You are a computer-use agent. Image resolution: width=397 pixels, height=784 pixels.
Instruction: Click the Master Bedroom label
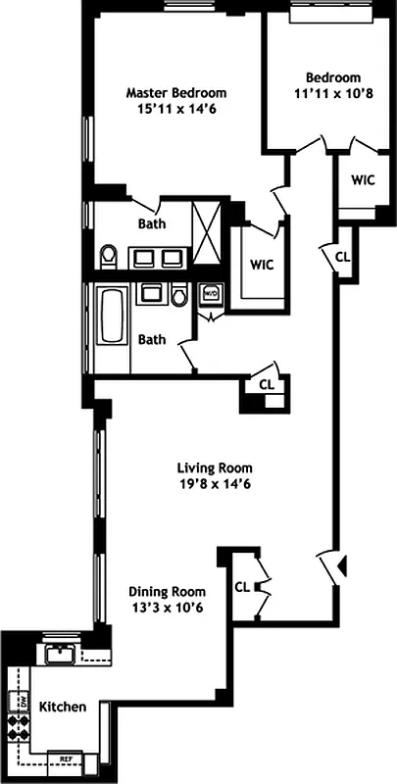tap(176, 93)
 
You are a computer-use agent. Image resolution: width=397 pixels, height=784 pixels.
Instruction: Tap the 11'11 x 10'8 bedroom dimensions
tap(332, 95)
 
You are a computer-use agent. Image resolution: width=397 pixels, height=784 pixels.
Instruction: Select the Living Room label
tap(215, 466)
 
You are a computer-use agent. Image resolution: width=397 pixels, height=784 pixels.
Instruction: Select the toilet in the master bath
tap(109, 257)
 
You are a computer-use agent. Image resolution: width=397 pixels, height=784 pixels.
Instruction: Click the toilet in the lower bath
tap(179, 295)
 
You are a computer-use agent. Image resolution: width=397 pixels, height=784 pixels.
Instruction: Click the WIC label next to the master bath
tap(261, 265)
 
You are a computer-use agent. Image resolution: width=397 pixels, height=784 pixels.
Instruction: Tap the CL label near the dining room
tap(242, 587)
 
